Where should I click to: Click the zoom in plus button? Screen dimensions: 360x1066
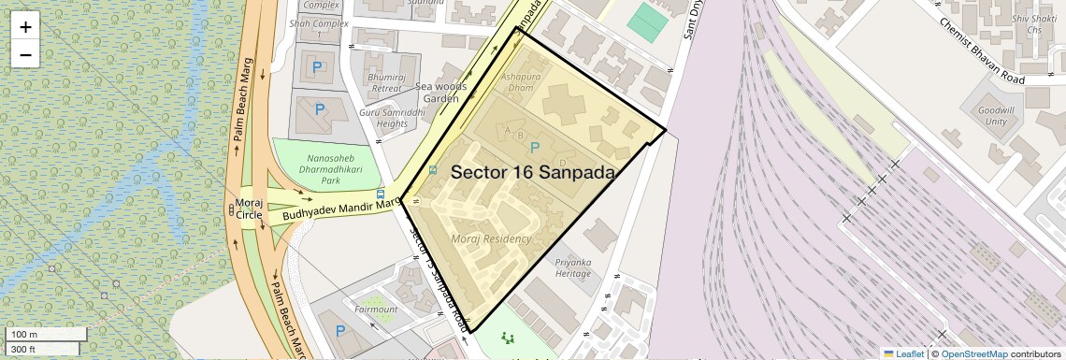pos(25,27)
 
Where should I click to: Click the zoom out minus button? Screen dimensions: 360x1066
pos(25,54)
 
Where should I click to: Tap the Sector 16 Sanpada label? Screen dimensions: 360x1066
pos(533,173)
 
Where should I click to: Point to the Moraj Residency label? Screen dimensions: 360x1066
pos(491,239)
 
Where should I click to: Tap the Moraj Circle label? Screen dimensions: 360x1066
pos(250,209)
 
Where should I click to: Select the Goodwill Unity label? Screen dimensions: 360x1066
pos(995,116)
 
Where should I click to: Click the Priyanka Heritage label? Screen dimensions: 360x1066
pos(573,268)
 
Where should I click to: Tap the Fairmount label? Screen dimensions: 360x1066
pos(376,309)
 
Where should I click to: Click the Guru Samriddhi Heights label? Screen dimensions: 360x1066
pos(383,118)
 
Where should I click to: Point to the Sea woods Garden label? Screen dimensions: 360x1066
pos(439,93)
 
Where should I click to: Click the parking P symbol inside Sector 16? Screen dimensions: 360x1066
pos(535,148)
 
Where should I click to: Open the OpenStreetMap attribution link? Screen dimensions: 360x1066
pos(973,354)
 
